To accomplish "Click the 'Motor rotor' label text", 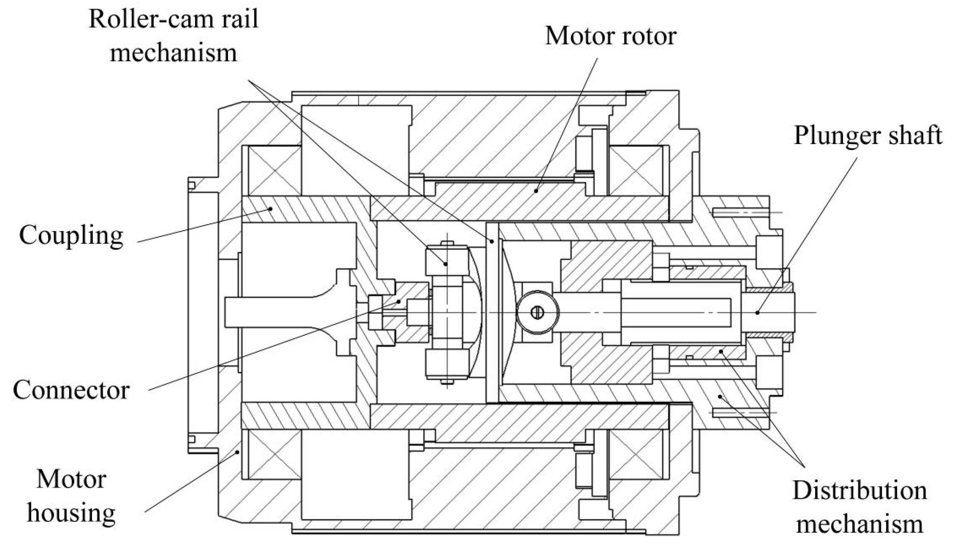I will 610,37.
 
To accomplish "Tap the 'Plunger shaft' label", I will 867,135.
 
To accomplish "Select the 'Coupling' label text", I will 71,235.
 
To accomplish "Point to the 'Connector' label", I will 71,390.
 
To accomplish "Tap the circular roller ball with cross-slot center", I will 538,312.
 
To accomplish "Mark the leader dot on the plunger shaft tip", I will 757,312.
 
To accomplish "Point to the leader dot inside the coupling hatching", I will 270,208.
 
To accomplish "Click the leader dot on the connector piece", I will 399,302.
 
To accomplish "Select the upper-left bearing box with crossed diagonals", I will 274,170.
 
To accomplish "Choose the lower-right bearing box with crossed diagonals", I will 636,455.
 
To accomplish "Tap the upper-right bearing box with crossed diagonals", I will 636,170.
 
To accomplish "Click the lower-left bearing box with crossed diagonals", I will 274,455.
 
